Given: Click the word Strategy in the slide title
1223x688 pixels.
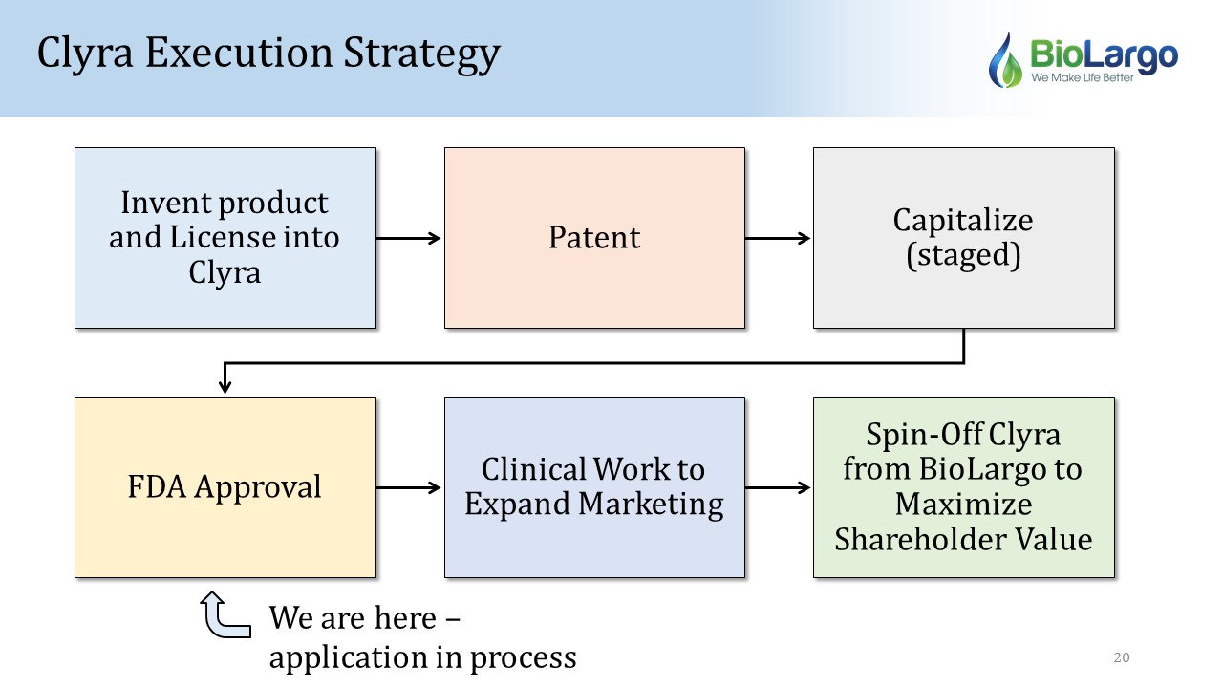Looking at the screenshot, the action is pyautogui.click(x=421, y=54).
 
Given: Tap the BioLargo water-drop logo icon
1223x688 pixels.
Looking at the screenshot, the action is pyautogui.click(x=1005, y=60).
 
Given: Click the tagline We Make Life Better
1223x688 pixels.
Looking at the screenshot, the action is pyautogui.click(x=1083, y=77).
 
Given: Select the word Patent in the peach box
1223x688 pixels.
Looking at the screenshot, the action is pyautogui.click(x=594, y=238).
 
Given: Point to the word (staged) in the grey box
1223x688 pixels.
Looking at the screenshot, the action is pyautogui.click(x=963, y=255).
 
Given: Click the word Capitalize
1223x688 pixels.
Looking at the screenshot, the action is pyautogui.click(x=963, y=221).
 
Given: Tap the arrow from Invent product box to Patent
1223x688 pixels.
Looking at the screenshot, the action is pyautogui.click(x=408, y=238).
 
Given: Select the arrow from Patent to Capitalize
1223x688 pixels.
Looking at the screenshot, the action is pyautogui.click(x=778, y=238).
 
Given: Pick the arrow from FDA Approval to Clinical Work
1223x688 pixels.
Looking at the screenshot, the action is pyautogui.click(x=408, y=487).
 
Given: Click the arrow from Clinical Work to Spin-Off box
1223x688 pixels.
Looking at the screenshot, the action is pyautogui.click(x=778, y=487).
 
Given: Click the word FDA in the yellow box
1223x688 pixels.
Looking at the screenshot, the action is pyautogui.click(x=157, y=486).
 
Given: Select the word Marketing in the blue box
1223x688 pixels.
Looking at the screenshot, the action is pyautogui.click(x=651, y=505).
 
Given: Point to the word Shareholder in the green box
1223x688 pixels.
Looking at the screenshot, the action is pyautogui.click(x=920, y=540).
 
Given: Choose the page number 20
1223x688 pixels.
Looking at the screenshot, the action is pyautogui.click(x=1122, y=657).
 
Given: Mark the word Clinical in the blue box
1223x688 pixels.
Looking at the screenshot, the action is pyautogui.click(x=533, y=469).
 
